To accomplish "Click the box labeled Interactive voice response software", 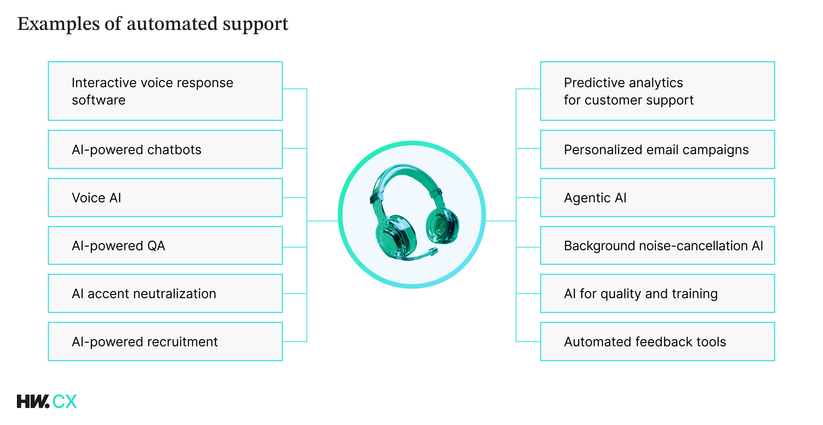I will [x=165, y=91].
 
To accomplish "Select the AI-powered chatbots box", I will [x=165, y=150].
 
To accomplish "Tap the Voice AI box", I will [x=165, y=198].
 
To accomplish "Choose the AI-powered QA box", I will [x=165, y=245].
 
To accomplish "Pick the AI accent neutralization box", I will [x=165, y=294].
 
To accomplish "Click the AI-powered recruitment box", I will [x=165, y=342].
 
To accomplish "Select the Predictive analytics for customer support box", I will [x=657, y=91].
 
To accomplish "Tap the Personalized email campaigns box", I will [x=657, y=150].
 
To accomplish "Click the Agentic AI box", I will [x=657, y=198].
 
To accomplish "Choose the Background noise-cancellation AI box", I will [x=657, y=245].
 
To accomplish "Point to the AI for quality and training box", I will [x=657, y=294].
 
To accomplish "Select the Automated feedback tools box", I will [x=657, y=342].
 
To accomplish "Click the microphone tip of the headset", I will [x=433, y=251].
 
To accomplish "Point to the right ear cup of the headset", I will [x=443, y=226].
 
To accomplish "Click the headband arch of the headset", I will [x=406, y=173].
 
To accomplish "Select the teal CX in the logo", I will [x=65, y=402].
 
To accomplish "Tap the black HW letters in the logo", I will [x=33, y=402].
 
